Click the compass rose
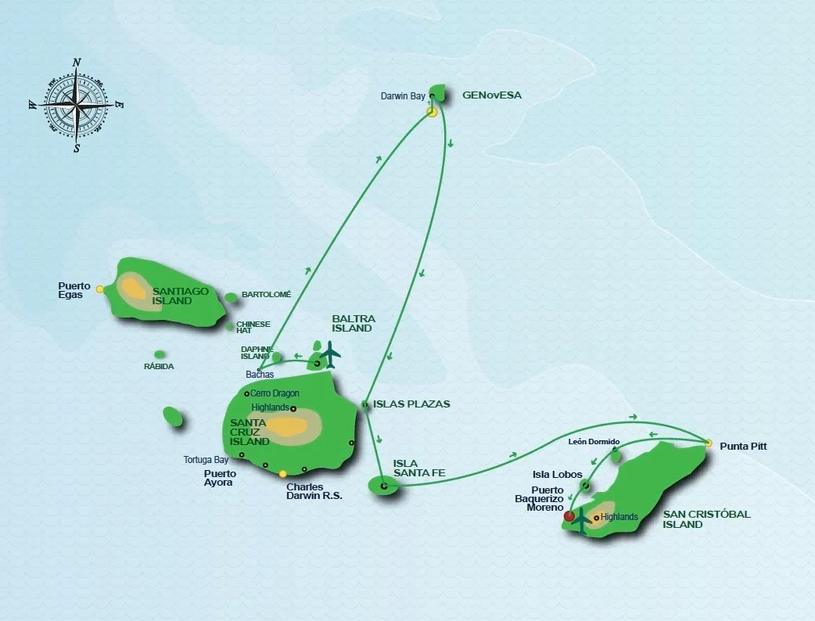tap(77, 105)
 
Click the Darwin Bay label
tap(403, 96)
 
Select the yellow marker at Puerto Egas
tap(100, 289)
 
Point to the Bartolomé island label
tap(266, 294)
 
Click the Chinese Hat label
tap(253, 327)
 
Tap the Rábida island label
tap(159, 366)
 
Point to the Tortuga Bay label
tap(206, 460)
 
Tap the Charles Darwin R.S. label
tap(314, 490)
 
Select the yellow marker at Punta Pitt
tap(709, 443)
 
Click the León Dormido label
tap(594, 441)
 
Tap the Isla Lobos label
tap(557, 475)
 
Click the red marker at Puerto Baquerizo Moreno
tap(569, 516)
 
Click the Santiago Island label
tap(181, 296)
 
